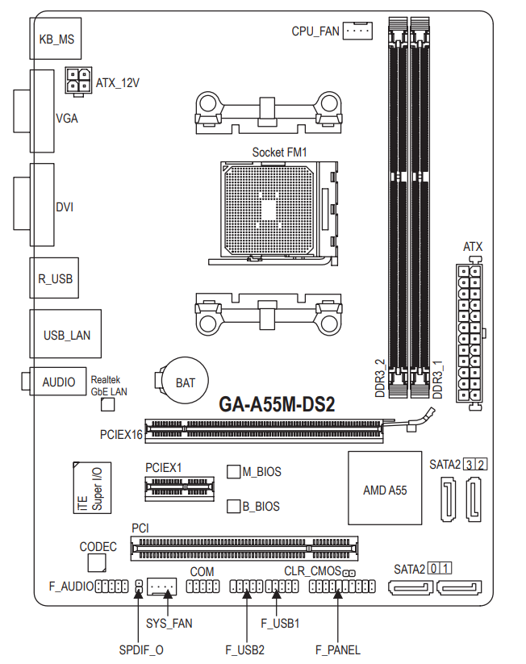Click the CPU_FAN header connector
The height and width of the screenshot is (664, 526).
click(357, 31)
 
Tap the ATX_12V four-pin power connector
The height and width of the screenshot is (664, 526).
click(78, 81)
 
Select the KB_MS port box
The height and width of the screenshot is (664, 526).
click(56, 39)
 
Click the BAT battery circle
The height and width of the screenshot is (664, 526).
click(186, 381)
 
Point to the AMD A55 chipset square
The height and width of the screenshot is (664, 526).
click(385, 488)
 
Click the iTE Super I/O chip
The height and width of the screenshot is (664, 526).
click(92, 488)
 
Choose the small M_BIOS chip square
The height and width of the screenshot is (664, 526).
click(234, 472)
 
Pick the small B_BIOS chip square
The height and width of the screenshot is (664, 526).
click(234, 507)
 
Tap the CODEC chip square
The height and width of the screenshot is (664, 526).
click(97, 563)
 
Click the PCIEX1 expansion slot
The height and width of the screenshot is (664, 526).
click(180, 489)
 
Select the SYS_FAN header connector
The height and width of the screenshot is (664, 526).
click(161, 587)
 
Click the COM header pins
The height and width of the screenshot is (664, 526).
click(202, 587)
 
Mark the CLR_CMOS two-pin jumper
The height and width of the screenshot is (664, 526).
click(349, 574)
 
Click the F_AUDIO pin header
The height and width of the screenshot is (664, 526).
click(112, 587)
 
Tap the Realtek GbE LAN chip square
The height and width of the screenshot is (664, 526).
click(108, 404)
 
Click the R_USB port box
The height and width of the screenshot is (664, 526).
click(54, 278)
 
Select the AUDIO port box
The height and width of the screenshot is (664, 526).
click(57, 381)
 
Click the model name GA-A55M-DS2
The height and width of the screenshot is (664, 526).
click(277, 404)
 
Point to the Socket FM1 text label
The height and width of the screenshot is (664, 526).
click(279, 152)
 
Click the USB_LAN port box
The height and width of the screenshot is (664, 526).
click(65, 334)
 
